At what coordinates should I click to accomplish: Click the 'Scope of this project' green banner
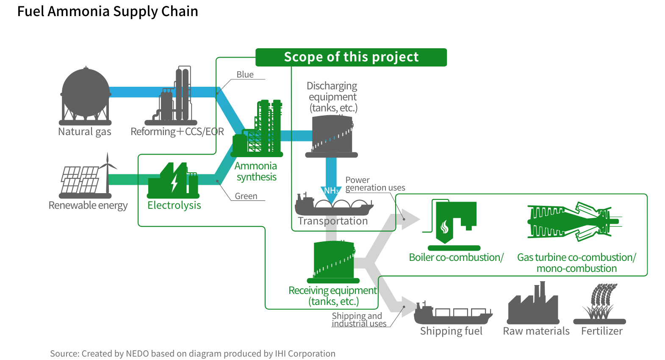[351, 57]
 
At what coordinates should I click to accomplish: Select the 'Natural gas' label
[85, 132]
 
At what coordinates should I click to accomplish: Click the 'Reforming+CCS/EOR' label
[177, 132]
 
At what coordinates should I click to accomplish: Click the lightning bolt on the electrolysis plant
[174, 183]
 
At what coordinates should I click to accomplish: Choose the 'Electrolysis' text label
[174, 205]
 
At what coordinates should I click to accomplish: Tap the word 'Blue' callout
[245, 75]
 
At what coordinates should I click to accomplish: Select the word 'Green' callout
[246, 196]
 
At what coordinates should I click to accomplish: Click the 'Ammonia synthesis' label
[256, 172]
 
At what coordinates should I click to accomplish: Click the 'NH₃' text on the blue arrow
[331, 191]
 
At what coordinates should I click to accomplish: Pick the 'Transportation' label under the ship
[333, 221]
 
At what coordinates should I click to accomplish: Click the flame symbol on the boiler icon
[445, 228]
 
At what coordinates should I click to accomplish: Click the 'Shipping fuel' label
[451, 331]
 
